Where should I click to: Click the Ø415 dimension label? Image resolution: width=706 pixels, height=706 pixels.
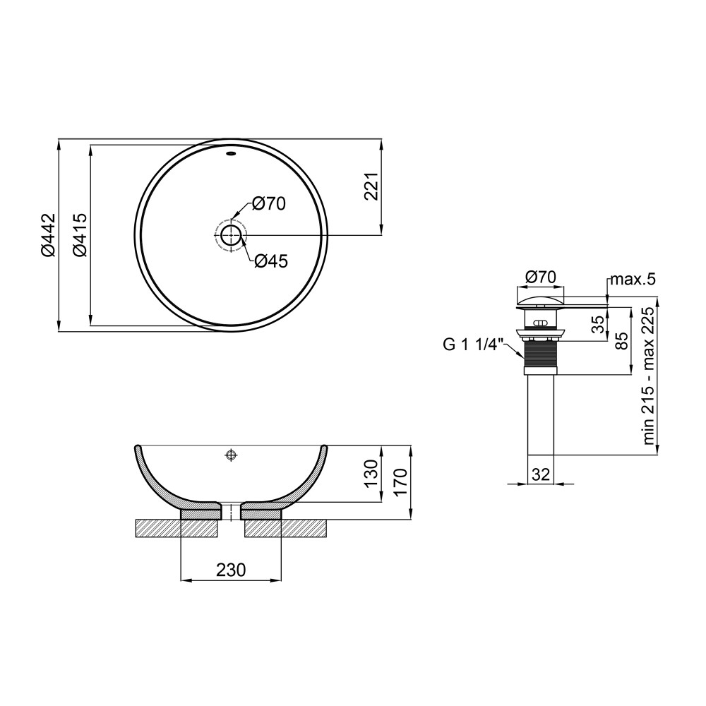[x=80, y=235]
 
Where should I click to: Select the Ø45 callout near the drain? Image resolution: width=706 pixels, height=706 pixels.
[x=270, y=261]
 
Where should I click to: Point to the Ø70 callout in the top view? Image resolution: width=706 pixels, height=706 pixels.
[x=269, y=203]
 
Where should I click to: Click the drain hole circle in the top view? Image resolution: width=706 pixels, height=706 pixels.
[x=231, y=234]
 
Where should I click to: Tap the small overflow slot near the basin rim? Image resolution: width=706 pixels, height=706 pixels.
[x=231, y=154]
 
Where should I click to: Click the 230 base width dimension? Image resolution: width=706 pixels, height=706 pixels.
[x=231, y=570]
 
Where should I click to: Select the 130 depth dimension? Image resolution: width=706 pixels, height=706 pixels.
[x=372, y=473]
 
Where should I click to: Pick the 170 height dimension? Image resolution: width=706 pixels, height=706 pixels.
[x=400, y=481]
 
